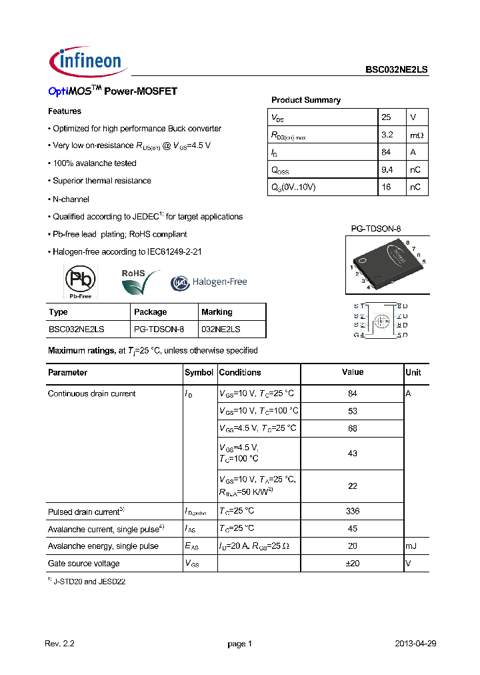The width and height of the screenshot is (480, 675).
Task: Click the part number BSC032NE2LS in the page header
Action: tap(396, 69)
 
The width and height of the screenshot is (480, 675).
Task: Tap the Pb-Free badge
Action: tap(79, 281)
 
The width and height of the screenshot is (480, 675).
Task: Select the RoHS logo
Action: tap(139, 281)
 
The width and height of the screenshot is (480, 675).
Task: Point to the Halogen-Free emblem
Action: tap(209, 282)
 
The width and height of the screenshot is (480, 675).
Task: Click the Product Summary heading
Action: tap(305, 100)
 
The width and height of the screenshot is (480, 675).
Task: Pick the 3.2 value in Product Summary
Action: tap(387, 135)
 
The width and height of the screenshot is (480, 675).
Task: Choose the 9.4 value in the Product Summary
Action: tap(387, 169)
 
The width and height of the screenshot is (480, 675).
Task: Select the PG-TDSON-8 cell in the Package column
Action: tap(159, 329)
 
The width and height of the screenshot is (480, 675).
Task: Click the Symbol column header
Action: tap(199, 373)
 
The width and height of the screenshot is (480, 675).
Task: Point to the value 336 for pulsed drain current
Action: tap(353, 511)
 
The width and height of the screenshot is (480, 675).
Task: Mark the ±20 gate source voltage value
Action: tap(353, 563)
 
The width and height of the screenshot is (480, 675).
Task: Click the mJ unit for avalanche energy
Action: tap(412, 546)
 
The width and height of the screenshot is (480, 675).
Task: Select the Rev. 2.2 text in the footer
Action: tap(59, 644)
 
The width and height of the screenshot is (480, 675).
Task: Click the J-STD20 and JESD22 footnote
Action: tap(89, 582)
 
